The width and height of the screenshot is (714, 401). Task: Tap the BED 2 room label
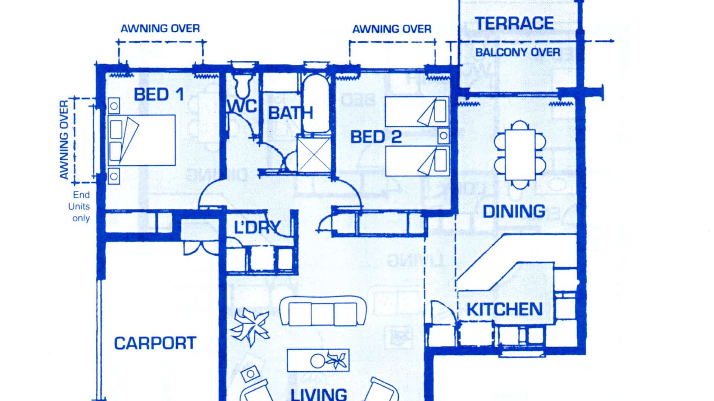pos(376,137)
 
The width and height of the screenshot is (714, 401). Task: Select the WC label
pos(242,106)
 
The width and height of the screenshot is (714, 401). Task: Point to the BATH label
pos(290,113)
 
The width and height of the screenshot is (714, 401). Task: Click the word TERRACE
pos(514,23)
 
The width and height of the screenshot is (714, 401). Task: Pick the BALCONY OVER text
pos(518,52)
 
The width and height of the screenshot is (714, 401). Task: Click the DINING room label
pos(514,211)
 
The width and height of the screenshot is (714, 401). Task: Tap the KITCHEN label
pos(505,309)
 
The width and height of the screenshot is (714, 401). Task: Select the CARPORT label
pos(155,343)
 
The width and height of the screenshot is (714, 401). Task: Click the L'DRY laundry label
pos(257,227)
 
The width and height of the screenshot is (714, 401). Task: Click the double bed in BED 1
pos(142,140)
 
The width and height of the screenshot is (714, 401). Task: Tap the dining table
pos(520,154)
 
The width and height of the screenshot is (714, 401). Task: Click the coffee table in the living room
pos(318,360)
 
